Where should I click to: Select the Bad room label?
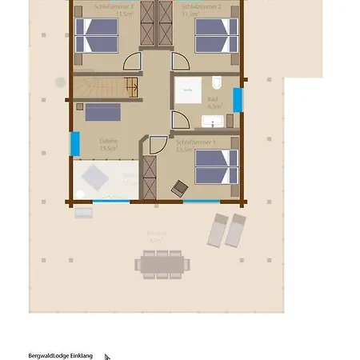click(214, 103)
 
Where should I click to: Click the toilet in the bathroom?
click(218, 82)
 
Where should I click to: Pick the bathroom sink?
click(213, 122)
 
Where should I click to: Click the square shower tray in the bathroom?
click(189, 92)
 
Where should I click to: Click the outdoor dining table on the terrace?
click(163, 262)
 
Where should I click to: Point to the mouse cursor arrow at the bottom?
click(107, 358)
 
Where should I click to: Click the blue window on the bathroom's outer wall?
click(237, 101)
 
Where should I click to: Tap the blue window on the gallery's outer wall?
click(75, 144)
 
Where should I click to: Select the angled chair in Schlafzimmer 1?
click(179, 188)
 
